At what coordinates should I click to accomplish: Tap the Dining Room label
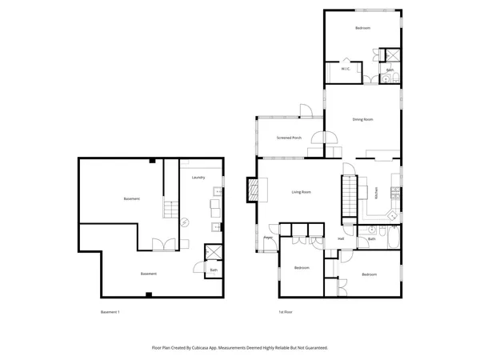362,119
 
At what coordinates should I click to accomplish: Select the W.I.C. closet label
346,70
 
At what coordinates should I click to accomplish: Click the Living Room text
301,192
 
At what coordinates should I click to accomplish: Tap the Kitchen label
374,192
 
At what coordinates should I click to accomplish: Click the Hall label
341,238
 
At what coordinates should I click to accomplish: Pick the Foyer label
269,238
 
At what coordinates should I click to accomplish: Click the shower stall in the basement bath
214,252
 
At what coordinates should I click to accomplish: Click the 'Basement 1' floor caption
110,311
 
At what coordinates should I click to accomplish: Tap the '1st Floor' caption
283,311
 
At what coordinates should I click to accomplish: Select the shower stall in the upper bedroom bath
392,55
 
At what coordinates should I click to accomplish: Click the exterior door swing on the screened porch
304,111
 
